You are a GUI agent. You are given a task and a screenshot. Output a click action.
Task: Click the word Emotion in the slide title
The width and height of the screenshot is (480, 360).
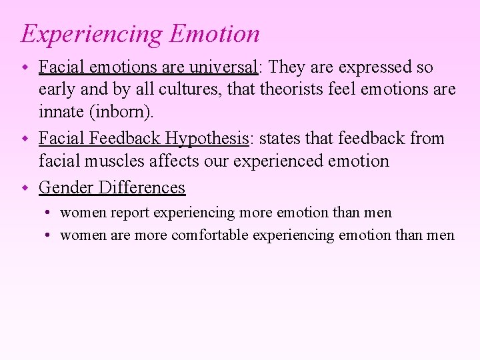(214, 33)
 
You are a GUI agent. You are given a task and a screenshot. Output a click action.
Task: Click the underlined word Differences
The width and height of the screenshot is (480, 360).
(141, 187)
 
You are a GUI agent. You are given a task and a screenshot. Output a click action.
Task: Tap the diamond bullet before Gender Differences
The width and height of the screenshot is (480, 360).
(25, 187)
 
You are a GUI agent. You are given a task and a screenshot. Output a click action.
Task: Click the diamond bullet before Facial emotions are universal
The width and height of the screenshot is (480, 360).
(25, 67)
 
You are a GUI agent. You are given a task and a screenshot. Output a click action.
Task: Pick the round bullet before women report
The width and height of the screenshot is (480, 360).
(49, 213)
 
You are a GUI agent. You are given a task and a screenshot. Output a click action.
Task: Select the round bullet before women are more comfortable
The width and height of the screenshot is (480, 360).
(49, 235)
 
